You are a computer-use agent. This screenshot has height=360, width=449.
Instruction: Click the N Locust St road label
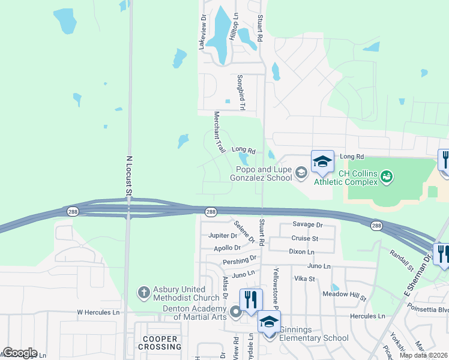[x=128, y=176]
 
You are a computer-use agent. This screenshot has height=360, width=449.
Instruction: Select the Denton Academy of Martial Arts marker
[x=236, y=311]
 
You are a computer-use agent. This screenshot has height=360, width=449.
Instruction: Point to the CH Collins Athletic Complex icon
[x=387, y=176]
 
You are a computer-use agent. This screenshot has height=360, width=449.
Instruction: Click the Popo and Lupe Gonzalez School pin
[x=301, y=174]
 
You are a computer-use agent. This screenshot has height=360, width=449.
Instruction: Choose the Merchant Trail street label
[x=219, y=132]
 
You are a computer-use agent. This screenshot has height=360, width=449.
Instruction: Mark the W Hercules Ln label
[x=98, y=313]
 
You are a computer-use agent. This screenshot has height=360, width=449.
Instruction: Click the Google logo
[x=19, y=353]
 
